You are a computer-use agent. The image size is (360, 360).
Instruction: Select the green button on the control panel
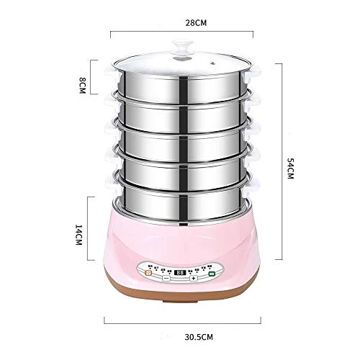click(x=212, y=274)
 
